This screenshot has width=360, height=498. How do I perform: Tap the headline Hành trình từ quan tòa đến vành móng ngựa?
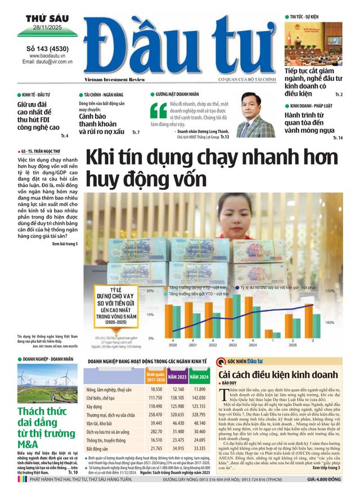312,121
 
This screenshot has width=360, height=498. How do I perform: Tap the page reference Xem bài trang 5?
64,243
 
